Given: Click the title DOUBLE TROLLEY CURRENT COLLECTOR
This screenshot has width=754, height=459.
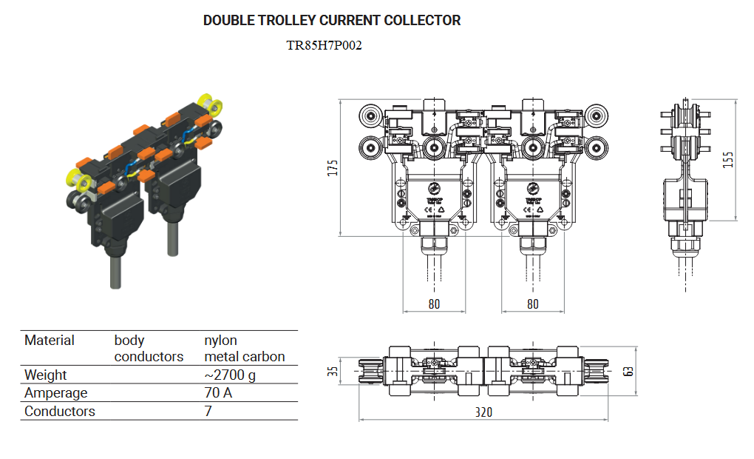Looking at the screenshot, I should [332, 20].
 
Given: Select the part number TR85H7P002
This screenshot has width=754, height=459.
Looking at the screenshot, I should [324, 45].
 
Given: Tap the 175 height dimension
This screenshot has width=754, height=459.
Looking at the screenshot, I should [333, 168].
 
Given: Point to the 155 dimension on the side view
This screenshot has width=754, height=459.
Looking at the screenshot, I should [729, 159].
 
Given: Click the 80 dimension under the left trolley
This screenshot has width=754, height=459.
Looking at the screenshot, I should [434, 304].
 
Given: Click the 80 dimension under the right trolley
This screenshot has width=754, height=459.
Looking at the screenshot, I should [532, 304].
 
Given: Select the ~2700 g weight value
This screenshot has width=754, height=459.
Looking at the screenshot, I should [230, 375].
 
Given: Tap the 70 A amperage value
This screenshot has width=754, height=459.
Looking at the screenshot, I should [218, 393].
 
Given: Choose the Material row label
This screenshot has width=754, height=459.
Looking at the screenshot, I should [50, 341].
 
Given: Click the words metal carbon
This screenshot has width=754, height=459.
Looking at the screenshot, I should [245, 357].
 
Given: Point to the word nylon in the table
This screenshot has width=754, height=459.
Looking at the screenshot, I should [221, 341].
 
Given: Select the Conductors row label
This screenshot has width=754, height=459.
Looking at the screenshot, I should [60, 412].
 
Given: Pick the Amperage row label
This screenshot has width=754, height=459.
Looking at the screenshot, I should [56, 393].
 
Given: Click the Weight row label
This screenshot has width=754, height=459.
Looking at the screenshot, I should [46, 375].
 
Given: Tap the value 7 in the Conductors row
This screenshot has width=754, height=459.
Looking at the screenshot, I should [208, 412].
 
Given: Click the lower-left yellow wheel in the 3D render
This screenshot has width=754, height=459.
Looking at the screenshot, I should [76, 178].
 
